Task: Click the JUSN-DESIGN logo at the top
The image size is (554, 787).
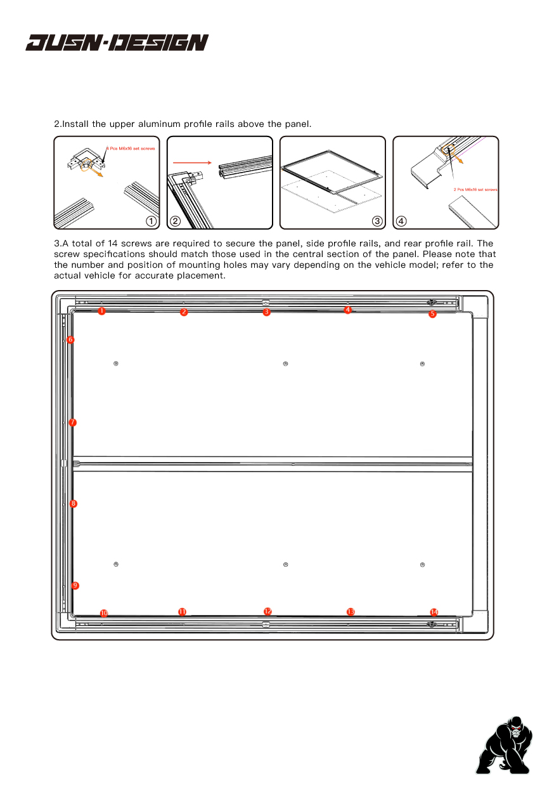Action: click(117, 43)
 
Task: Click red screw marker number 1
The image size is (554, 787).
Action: click(101, 311)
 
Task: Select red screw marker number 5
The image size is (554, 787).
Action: click(432, 314)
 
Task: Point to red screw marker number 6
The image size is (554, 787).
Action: click(70, 340)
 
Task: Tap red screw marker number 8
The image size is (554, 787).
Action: click(74, 503)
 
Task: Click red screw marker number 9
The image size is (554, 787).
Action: click(75, 585)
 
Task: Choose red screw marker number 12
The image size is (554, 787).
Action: click(267, 611)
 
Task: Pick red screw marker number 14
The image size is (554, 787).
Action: click(434, 612)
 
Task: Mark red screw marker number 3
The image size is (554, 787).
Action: click(267, 312)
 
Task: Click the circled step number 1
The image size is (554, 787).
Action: click(151, 221)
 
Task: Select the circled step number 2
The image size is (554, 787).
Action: click(175, 221)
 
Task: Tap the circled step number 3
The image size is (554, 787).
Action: click(377, 221)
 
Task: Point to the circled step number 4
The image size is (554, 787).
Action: click(401, 221)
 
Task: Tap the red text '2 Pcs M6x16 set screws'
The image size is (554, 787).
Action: click(475, 189)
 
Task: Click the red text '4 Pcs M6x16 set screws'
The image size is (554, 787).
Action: click(131, 148)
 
